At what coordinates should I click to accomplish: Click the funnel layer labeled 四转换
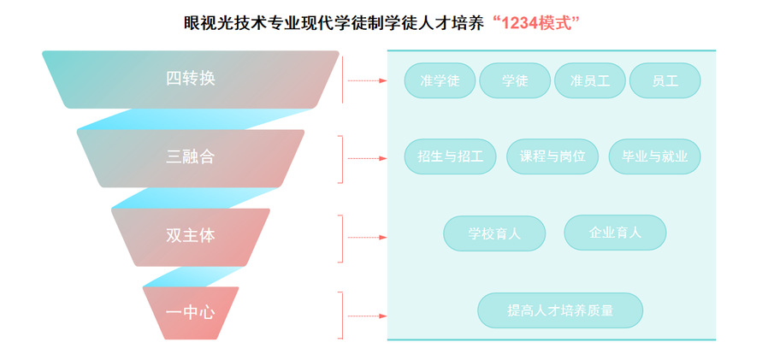point(190,79)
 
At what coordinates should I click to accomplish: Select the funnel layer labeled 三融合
point(190,157)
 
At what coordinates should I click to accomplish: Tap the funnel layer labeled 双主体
point(190,236)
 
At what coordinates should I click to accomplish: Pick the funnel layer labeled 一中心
point(190,312)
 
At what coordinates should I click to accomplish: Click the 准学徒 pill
point(440,81)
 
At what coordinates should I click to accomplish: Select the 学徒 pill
point(515,81)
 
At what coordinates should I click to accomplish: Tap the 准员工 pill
point(589,81)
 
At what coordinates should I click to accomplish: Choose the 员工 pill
point(665,81)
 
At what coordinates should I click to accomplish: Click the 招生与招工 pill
point(451,157)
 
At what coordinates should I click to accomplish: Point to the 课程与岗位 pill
point(552,157)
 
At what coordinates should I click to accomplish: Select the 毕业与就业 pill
point(654,157)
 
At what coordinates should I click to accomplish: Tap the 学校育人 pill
point(494,233)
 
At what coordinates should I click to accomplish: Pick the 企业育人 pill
point(615,233)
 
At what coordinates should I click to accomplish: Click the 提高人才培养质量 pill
point(560,310)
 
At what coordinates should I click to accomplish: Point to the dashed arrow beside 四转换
point(366,80)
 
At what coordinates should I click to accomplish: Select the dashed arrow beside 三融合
point(366,159)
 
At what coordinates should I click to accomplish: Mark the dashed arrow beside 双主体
point(366,237)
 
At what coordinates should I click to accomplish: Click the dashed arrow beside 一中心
point(366,314)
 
